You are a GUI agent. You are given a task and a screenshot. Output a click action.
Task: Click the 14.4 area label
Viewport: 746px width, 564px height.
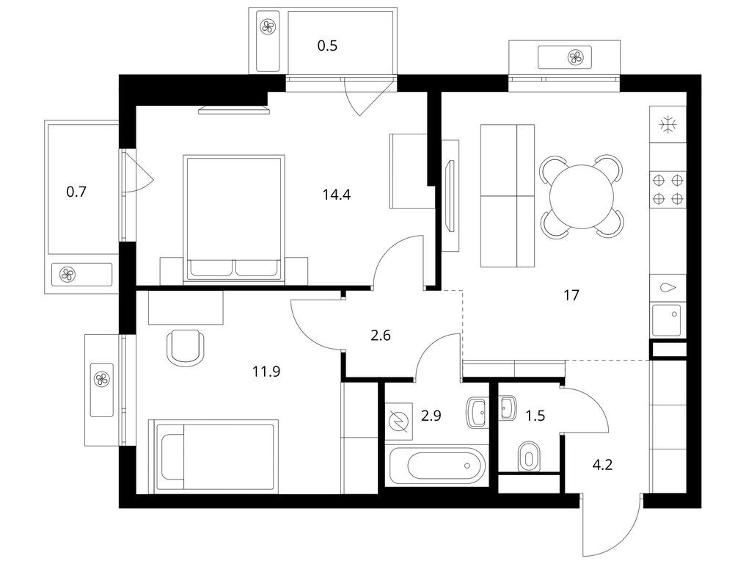337,195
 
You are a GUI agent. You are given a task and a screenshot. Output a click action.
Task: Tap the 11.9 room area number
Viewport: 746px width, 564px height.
266,371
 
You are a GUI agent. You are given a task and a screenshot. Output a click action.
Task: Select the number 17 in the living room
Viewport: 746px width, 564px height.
571,295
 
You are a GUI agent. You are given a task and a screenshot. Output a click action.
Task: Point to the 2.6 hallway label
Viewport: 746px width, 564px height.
381,336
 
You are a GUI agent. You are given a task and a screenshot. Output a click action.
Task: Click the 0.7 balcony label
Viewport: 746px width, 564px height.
76,192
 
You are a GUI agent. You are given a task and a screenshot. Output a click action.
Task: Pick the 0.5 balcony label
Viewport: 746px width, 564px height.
327,46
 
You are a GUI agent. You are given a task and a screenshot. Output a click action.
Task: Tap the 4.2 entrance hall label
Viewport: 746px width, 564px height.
602,464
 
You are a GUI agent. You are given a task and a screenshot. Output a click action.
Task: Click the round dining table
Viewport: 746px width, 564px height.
582,196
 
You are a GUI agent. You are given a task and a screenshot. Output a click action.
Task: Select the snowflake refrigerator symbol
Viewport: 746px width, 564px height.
668,125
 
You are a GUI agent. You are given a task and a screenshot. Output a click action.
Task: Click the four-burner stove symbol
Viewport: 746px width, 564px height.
668,189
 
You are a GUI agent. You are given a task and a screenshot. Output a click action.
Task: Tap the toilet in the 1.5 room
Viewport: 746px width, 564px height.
528,456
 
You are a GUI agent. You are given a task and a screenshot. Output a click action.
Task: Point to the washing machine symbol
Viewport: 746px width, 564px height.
399,422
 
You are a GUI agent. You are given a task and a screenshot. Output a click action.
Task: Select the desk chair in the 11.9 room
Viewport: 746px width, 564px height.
186,347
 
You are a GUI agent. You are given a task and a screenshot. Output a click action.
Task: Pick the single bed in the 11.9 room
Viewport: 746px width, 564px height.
213,457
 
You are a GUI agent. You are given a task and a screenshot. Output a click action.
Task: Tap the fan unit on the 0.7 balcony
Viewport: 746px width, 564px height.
67,274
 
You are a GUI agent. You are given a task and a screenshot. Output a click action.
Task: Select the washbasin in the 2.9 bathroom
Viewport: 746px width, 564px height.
477,413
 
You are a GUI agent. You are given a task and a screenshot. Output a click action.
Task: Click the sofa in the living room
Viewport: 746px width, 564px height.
508,196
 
